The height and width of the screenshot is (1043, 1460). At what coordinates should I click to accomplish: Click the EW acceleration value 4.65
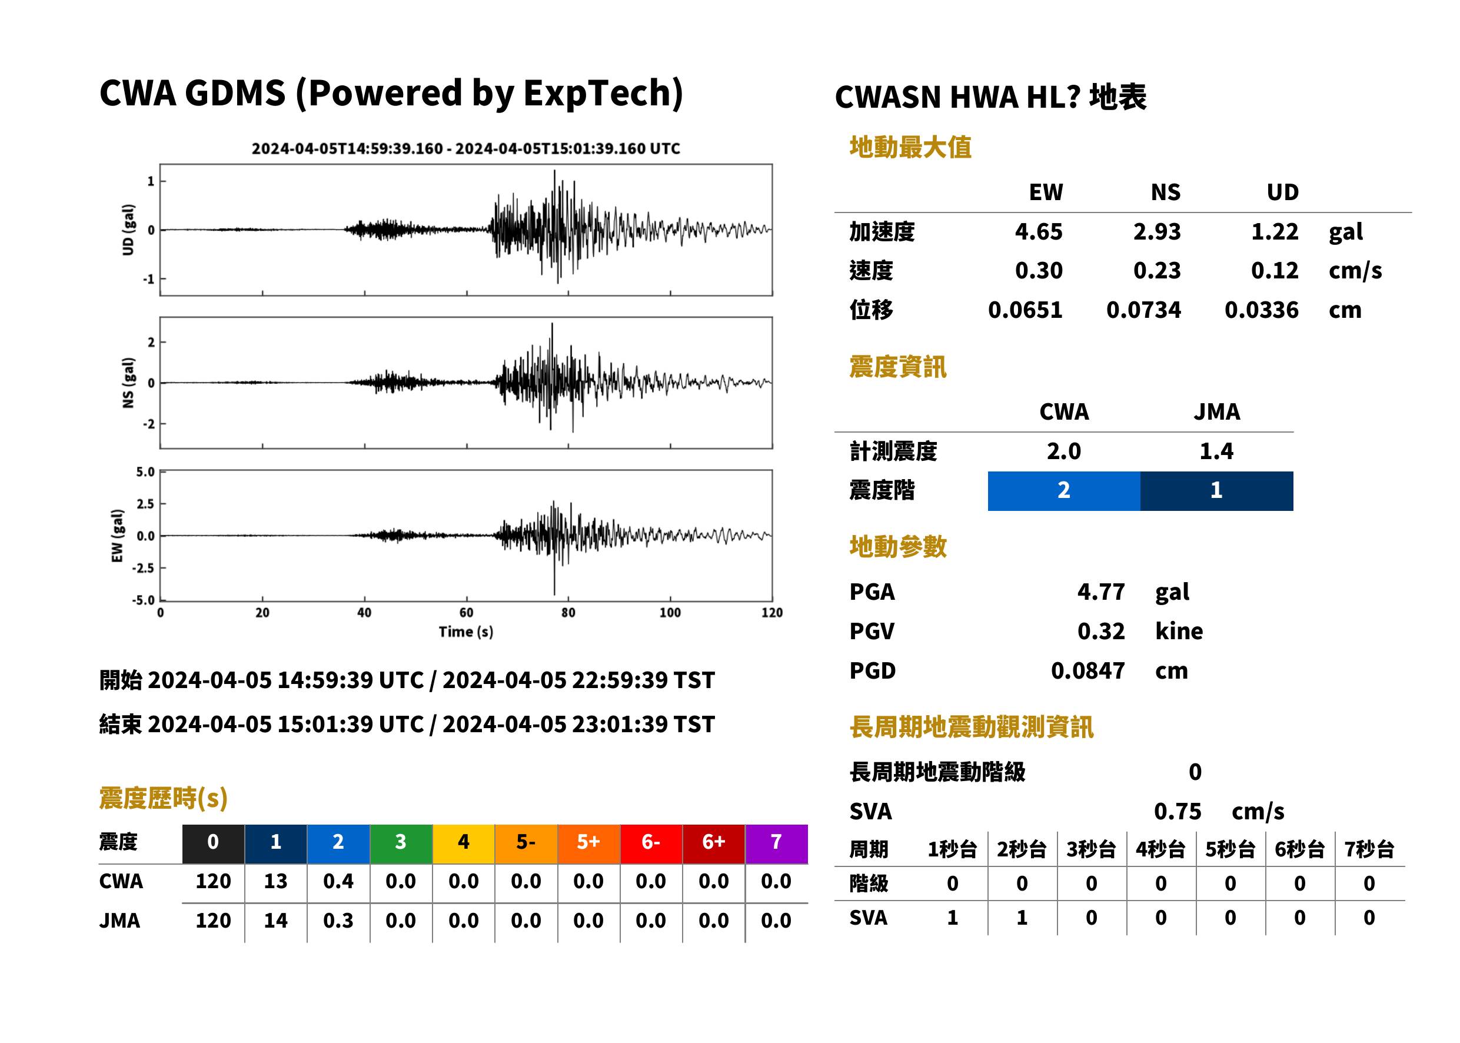[x=1038, y=231]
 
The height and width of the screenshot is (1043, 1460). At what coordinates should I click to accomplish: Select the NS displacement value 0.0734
[x=1143, y=310]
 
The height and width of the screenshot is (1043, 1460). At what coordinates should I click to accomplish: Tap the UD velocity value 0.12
[x=1275, y=270]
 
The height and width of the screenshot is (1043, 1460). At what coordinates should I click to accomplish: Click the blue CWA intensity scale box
[x=1064, y=491]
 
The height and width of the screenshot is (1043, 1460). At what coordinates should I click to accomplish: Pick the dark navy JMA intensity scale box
[x=1217, y=491]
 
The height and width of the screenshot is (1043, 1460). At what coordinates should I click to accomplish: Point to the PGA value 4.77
[x=1100, y=592]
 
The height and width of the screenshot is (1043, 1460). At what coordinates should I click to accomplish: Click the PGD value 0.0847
[x=1087, y=670]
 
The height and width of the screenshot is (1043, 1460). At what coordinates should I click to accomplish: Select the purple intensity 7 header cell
[x=776, y=843]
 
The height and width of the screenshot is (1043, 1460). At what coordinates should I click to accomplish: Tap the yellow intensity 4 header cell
[x=464, y=843]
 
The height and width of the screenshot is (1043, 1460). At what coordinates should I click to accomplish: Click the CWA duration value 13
[x=275, y=881]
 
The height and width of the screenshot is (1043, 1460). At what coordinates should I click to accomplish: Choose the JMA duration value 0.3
[x=338, y=921]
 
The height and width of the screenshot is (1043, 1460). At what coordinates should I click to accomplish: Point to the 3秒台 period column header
[x=1091, y=849]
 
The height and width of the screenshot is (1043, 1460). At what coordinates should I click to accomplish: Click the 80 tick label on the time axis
[x=568, y=613]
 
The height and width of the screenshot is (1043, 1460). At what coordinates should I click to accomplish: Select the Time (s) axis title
[x=466, y=632]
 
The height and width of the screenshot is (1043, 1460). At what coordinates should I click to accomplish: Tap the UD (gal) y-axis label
[x=128, y=230]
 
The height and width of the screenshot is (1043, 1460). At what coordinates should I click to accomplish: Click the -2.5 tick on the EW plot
[x=143, y=569]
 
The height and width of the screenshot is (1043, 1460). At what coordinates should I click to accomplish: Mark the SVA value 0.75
[x=1178, y=811]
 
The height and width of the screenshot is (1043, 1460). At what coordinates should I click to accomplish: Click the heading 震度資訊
[x=897, y=367]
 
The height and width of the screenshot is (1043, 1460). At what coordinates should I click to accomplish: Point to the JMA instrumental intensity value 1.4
[x=1217, y=451]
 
